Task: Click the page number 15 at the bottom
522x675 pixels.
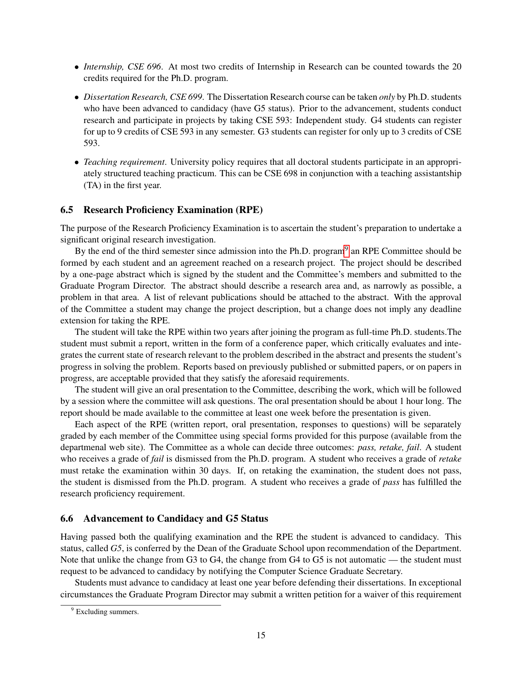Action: [x=261, y=635]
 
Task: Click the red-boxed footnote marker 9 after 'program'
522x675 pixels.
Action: [x=346, y=249]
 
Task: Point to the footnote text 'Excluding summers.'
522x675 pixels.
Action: [x=107, y=612]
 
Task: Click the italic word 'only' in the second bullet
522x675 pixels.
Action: [x=386, y=97]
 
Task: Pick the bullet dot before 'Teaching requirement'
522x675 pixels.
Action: [x=77, y=162]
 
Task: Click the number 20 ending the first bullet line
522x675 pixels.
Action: [x=456, y=67]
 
